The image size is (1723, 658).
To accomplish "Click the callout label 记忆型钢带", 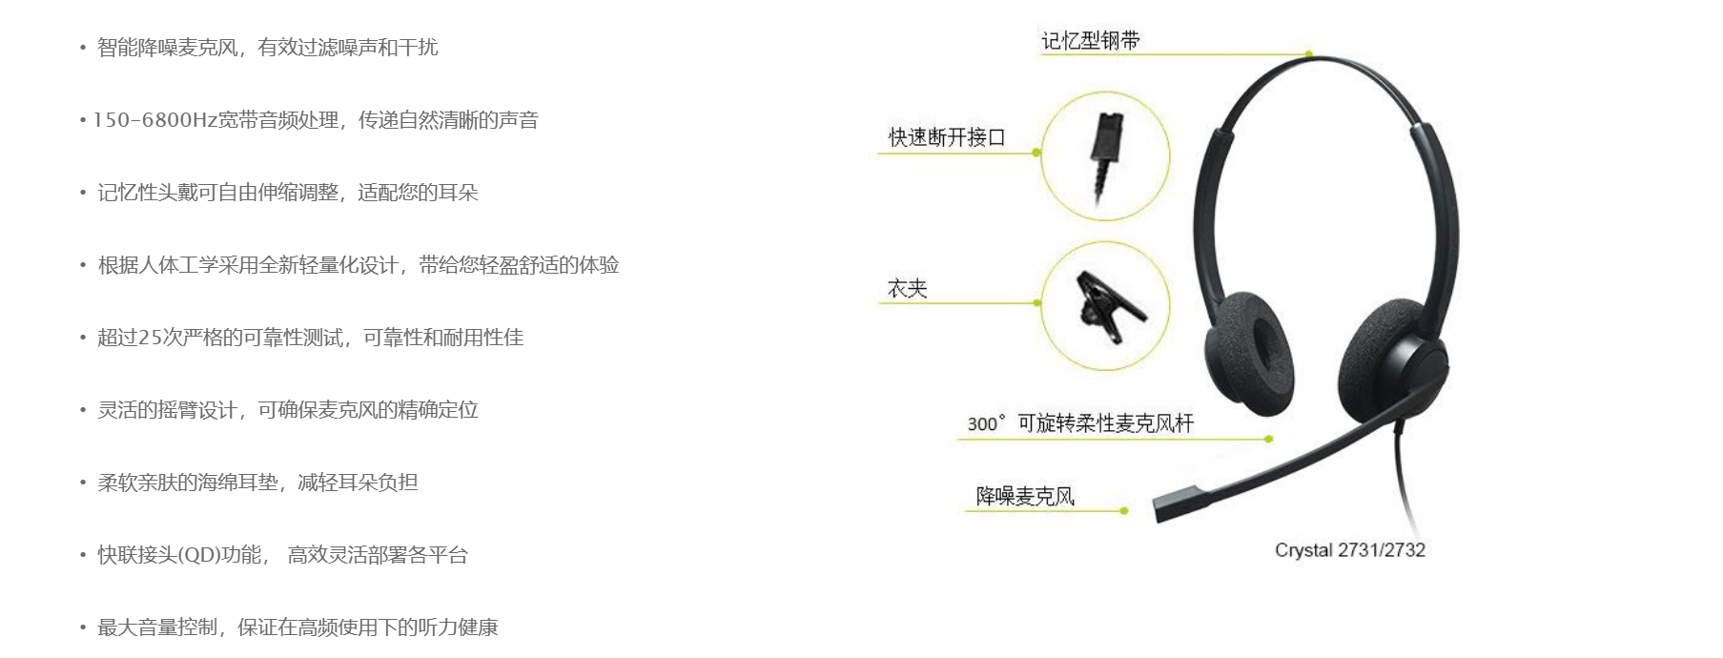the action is pos(1090,41).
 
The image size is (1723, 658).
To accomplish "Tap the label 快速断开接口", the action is pos(947,137).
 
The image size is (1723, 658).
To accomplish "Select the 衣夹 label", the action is pos(907,289).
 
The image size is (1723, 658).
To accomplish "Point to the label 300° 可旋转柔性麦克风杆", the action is pos(1080,423).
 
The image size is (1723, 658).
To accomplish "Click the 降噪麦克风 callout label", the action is pos(1025,496).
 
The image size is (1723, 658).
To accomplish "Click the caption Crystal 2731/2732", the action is pos(1350,550).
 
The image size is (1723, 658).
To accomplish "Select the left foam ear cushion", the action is pos(1249,349).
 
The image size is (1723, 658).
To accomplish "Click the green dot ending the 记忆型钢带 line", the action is pos(1309,54).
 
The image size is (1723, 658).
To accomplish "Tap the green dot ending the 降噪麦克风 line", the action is pos(1124,511).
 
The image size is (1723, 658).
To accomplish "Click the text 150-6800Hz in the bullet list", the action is pos(154,120).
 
